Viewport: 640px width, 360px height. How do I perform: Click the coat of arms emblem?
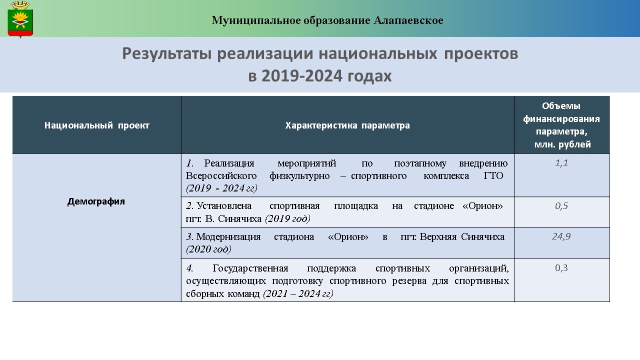point(20,19)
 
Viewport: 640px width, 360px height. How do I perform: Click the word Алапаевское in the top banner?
point(408,20)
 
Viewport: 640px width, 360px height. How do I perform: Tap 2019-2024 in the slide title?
point(302,76)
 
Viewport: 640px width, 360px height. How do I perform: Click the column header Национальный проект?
point(97,125)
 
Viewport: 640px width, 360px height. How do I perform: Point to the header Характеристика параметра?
point(347,125)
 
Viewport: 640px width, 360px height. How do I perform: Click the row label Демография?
point(96,201)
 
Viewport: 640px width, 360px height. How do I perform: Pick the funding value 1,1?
point(561,163)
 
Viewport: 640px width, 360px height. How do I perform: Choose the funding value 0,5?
point(561,206)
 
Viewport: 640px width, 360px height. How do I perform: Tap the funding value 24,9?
point(561,236)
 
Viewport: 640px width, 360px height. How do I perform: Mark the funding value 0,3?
point(561,267)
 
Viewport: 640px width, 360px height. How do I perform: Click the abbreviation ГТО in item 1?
point(493,175)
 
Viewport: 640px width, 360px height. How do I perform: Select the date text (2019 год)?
point(287,219)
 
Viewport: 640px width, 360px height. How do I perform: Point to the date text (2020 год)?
point(208,249)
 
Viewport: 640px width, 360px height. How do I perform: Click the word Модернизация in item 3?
point(228,237)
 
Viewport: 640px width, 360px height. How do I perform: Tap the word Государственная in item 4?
point(250,268)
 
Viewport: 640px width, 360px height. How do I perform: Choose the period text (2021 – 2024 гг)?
point(298,293)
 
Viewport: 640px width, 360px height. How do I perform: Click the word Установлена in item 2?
point(224,206)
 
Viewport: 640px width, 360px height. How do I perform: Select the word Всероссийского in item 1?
point(221,175)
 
